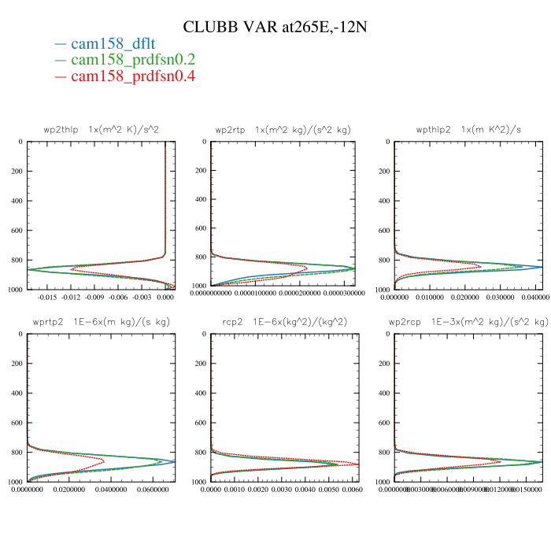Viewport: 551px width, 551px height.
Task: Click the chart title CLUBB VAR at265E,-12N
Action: pyautogui.click(x=275, y=27)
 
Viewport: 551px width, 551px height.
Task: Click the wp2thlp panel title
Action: pyautogui.click(x=102, y=129)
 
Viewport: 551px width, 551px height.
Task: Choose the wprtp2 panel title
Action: pyautogui.click(x=102, y=322)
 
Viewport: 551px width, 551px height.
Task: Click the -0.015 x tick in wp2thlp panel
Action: pyautogui.click(x=48, y=298)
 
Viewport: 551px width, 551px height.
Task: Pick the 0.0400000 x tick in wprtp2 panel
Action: pyautogui.click(x=104, y=490)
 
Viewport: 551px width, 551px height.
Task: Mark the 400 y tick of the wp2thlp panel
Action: pyautogui.click(x=16, y=200)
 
